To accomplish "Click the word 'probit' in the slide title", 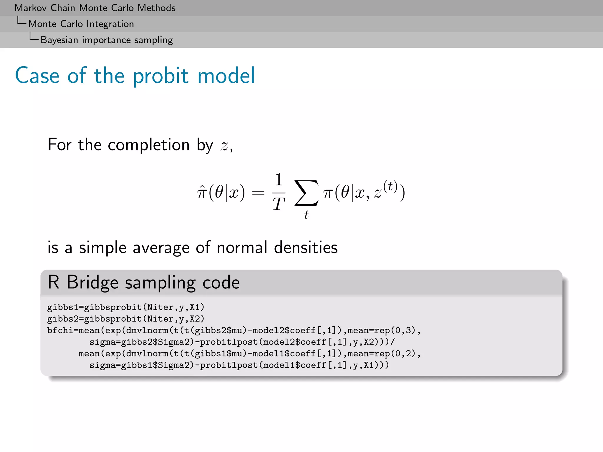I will coord(160,76).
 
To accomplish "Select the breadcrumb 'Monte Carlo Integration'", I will coord(81,24).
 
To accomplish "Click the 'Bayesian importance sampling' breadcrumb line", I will coord(107,40).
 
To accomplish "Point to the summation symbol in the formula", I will coord(306,193).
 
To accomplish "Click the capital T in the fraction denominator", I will coord(279,204).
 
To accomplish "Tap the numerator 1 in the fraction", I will coord(279,180).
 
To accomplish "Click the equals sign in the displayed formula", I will coord(258,193).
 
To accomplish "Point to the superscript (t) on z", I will coord(390,187).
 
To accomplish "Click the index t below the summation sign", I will coord(306,215).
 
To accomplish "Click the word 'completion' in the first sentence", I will coord(149,145).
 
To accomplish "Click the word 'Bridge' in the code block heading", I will coord(92,282).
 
